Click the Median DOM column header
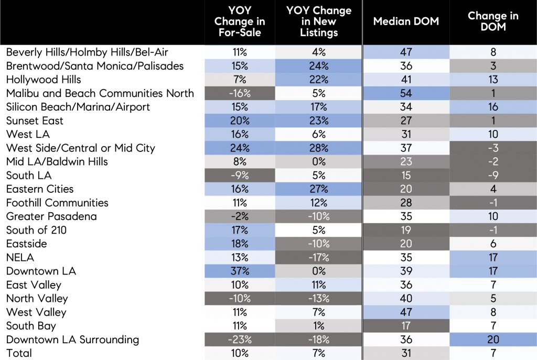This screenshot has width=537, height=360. point(405,21)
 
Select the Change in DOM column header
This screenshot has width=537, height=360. point(493,21)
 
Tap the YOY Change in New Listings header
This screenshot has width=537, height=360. point(318,21)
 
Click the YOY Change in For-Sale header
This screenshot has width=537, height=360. point(239,21)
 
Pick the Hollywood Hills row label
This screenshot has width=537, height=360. point(44,80)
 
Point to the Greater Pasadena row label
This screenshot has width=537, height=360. point(51,216)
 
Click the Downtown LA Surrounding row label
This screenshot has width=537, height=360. point(72,340)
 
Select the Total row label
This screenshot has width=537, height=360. point(19,353)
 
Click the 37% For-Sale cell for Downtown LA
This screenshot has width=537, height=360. point(239,271)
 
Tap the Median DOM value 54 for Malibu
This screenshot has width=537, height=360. point(405,93)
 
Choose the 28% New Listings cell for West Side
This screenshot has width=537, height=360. point(318,148)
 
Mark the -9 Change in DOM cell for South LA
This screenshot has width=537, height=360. point(493,176)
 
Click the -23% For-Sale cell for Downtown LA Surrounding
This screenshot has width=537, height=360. point(239,340)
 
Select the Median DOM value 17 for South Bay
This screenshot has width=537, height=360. point(405,326)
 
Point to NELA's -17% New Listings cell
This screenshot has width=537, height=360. point(318,257)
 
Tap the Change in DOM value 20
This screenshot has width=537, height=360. point(493,340)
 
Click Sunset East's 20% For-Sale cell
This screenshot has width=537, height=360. point(239,121)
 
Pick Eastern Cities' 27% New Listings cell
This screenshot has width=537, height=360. point(318,189)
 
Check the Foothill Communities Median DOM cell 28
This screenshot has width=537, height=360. point(405,203)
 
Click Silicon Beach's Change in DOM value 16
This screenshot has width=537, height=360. point(493,107)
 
